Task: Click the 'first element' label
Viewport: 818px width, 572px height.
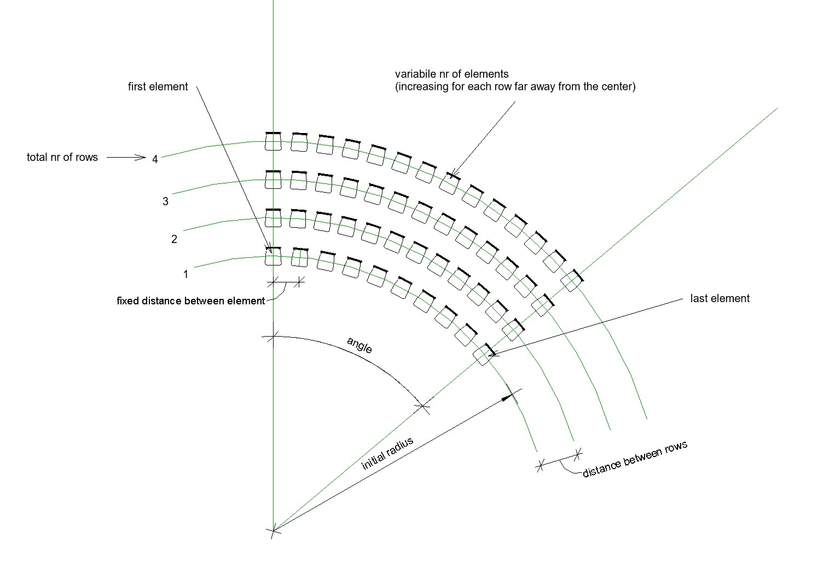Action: coord(158,86)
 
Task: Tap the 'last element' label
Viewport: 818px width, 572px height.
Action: coord(720,298)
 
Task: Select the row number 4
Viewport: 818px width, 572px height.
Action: coord(155,159)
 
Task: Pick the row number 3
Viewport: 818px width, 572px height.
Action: coord(165,201)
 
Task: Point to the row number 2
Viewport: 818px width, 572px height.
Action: coord(174,239)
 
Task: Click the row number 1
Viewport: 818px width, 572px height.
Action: coord(185,274)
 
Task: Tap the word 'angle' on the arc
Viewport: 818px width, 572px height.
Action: coord(359,345)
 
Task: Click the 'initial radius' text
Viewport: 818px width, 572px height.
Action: coord(387,453)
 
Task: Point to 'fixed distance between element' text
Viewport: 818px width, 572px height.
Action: coord(190,301)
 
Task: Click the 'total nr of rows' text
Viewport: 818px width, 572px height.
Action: coord(62,158)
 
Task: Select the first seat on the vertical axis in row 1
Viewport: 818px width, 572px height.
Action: coord(273,256)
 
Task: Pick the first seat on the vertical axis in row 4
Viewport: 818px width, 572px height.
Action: coord(273,141)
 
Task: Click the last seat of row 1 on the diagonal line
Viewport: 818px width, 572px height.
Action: coord(485,354)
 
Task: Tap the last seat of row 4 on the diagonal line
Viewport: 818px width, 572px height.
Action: coord(572,280)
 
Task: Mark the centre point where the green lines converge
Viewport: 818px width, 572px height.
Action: coord(273,530)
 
